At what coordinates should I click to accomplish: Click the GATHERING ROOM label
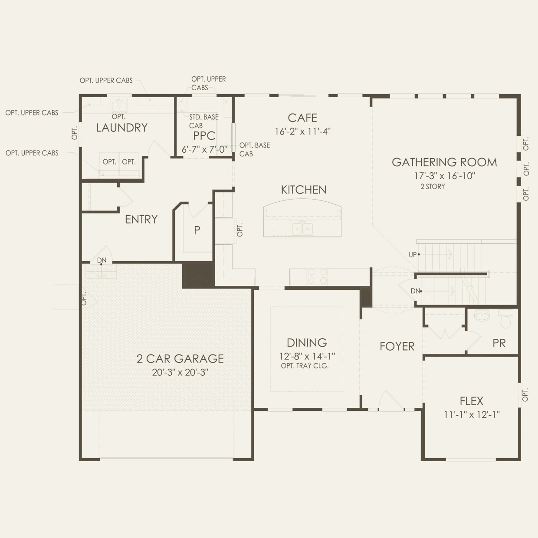[444, 162]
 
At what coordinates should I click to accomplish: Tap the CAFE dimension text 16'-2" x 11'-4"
[303, 131]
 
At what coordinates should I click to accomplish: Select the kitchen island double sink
[302, 228]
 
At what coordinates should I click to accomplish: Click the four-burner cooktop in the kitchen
[317, 276]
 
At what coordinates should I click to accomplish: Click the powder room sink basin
[482, 315]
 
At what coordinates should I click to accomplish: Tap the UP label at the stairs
[413, 255]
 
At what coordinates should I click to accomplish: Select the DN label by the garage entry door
[102, 260]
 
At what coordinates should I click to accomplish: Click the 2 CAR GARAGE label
[180, 359]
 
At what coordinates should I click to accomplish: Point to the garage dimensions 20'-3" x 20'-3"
[180, 372]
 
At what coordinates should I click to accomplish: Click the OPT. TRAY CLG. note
[305, 366]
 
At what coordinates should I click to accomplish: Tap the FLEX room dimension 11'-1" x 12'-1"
[472, 415]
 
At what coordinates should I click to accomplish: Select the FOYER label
[397, 347]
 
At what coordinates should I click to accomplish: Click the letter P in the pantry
[197, 230]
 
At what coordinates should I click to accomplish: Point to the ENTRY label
[141, 220]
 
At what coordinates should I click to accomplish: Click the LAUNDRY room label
[122, 128]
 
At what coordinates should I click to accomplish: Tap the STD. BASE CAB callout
[204, 121]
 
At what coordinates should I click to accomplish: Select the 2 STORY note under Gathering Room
[433, 187]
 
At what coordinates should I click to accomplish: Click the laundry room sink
[119, 105]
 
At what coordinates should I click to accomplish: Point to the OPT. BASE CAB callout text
[255, 150]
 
